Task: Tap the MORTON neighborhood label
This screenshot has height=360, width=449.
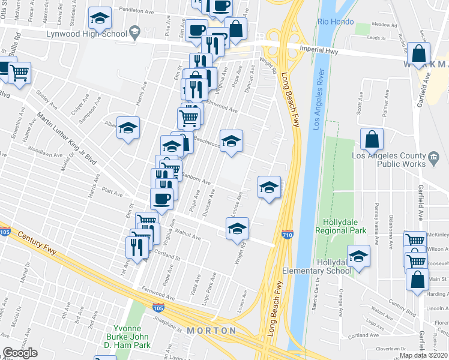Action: [211, 331]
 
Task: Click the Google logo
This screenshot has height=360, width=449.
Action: [20, 353]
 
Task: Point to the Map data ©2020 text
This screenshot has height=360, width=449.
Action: [424, 355]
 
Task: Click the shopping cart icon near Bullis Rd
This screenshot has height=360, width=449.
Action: [20, 73]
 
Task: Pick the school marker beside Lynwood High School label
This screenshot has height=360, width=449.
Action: [135, 31]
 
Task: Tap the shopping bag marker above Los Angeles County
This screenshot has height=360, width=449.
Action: [372, 139]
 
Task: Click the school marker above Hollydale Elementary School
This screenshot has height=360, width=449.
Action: [358, 255]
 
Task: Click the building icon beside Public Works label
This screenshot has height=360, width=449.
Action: [433, 159]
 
